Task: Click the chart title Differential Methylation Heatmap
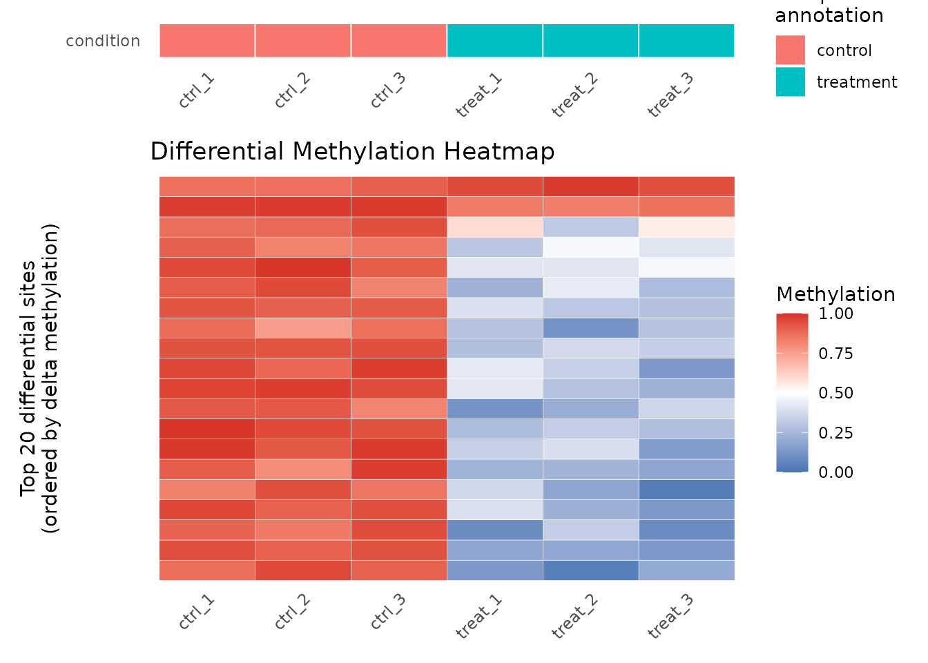352,151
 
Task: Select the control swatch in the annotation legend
790,50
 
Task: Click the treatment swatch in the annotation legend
790,81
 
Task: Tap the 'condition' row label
103,41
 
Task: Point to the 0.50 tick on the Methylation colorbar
835,392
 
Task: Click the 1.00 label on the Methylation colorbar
835,314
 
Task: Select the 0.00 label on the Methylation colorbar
835,472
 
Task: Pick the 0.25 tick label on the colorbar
835,432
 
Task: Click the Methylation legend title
835,294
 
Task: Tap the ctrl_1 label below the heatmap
197,612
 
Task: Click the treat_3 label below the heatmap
670,615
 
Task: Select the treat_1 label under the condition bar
478,95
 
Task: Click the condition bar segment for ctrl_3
398,41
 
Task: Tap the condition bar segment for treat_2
590,41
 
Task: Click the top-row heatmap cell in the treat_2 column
590,186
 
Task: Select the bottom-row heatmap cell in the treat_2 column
590,570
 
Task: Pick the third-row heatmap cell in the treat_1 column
494,227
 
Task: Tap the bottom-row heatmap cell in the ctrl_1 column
207,570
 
